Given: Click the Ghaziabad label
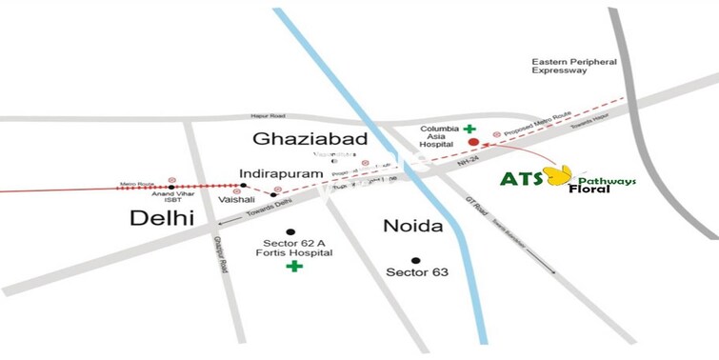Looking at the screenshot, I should point(298,139).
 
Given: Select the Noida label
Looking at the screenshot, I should point(414,227).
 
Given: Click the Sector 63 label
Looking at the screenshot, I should point(417,272).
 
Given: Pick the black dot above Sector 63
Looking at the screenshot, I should point(415,259).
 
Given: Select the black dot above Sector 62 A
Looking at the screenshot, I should point(291,231).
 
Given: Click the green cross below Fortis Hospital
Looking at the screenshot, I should point(294,267).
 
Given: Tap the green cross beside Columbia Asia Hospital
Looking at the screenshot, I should point(469,127).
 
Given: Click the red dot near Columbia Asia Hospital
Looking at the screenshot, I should point(472,143).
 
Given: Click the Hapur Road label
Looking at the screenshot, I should point(269,116).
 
